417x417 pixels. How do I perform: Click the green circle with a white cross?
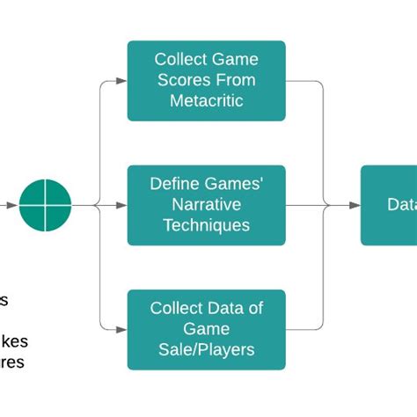(x=45, y=205)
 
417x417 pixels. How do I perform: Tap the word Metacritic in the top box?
(x=207, y=100)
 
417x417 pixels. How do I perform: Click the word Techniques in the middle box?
(x=207, y=225)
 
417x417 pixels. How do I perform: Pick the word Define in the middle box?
(x=173, y=185)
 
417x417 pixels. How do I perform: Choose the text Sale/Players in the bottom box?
(x=207, y=349)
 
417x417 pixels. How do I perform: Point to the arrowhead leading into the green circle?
(x=11, y=205)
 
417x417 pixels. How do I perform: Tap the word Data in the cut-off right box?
(x=401, y=205)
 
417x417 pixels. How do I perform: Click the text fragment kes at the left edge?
(x=15, y=341)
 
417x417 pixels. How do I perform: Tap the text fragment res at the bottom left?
(x=13, y=362)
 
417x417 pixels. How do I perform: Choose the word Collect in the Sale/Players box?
(x=177, y=309)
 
